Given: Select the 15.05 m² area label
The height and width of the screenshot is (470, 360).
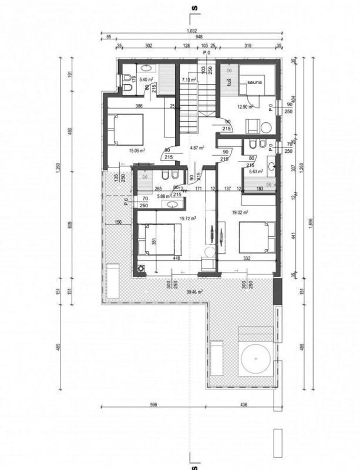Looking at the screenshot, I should click(136, 150).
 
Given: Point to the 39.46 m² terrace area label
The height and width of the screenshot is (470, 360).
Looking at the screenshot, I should click(194, 291).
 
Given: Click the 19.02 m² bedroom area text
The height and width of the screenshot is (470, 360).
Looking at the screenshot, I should click(240, 212).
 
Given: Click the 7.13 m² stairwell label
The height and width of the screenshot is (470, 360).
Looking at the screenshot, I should click(189, 79).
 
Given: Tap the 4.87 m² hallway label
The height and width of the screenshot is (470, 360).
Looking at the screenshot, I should click(195, 148).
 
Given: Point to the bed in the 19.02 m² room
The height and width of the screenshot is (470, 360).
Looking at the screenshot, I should click(257, 237).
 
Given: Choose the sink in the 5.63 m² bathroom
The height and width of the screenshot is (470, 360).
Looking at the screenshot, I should click(271, 166).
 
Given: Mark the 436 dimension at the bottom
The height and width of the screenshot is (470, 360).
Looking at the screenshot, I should click(243, 404).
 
